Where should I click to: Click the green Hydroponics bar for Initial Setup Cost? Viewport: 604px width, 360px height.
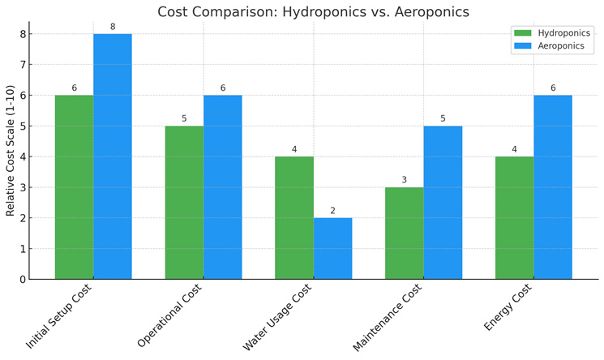74,187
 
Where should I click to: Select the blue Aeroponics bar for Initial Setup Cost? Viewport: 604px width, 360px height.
113,156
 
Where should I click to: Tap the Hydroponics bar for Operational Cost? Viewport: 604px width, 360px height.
184,203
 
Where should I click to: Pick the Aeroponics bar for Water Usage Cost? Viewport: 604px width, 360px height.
332,248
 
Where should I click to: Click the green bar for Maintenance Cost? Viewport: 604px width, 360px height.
404,234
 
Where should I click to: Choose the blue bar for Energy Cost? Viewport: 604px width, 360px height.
553,187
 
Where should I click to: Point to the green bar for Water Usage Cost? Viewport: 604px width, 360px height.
294,218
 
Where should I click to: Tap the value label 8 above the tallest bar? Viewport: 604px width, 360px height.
113,27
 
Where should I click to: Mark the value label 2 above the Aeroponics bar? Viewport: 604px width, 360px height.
332,211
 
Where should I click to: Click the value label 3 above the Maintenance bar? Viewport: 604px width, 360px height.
404,180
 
